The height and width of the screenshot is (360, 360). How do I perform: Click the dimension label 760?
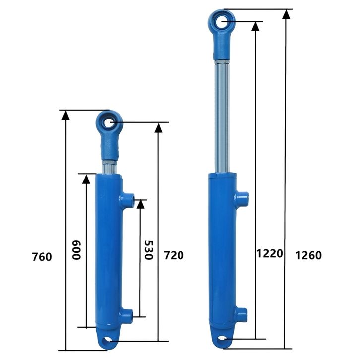42,257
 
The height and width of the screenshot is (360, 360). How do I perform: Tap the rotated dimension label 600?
77,250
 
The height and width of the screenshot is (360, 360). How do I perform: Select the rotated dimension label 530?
149,250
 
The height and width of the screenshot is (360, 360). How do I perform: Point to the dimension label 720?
174,255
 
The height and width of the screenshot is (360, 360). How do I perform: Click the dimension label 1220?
270,254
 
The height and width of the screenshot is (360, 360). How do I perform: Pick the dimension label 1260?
308,255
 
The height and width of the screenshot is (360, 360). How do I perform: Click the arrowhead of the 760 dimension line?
65,115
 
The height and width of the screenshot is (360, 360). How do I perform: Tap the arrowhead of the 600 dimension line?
86,179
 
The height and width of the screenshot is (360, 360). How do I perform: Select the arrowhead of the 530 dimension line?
140,204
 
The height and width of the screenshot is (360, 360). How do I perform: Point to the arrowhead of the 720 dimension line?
158,128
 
